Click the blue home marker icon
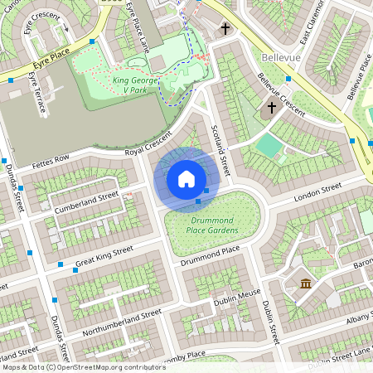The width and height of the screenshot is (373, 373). [186, 179]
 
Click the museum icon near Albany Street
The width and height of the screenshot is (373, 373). [306, 284]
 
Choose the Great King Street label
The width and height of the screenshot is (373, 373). [104, 256]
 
